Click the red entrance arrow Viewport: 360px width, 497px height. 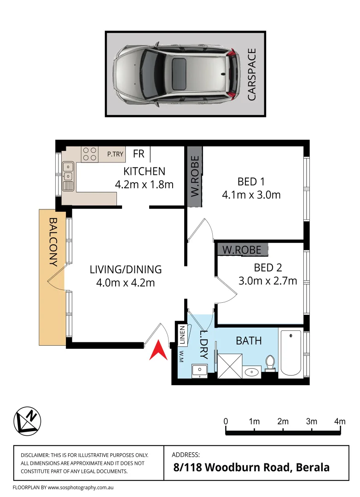[x=158, y=351]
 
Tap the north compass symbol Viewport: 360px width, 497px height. [x=27, y=420]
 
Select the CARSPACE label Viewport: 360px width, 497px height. [x=252, y=75]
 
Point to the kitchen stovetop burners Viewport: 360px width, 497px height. [x=89, y=154]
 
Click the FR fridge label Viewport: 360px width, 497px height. [x=139, y=154]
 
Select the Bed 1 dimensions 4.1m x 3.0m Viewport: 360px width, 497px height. [x=251, y=195]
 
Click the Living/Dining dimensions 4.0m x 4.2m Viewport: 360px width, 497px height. [x=125, y=283]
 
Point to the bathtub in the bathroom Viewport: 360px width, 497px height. [x=291, y=353]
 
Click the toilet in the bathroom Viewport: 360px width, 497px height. [x=270, y=363]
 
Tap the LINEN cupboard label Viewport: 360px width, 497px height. [x=182, y=335]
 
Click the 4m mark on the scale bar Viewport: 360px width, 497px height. [x=340, y=421]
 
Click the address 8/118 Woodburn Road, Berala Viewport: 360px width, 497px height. [x=251, y=468]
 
